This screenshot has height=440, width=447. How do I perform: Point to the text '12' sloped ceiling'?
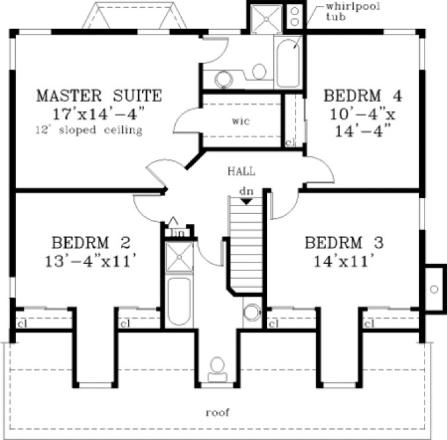[89, 131]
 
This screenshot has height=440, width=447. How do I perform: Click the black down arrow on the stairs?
[245, 201]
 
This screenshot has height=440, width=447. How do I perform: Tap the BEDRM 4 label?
[363, 95]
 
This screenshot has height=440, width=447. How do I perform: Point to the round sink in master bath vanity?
[222, 80]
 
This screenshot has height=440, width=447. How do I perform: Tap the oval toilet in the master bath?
[259, 70]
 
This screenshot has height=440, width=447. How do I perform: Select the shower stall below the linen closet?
[177, 258]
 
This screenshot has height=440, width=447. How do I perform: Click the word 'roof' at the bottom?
[217, 412]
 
